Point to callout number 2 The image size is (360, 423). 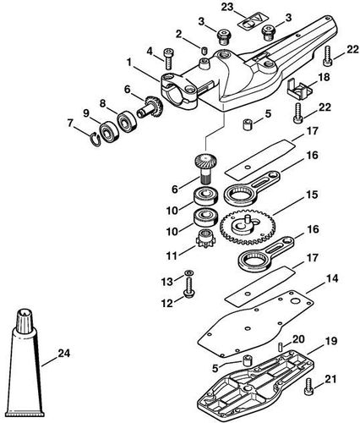point(177,33)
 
